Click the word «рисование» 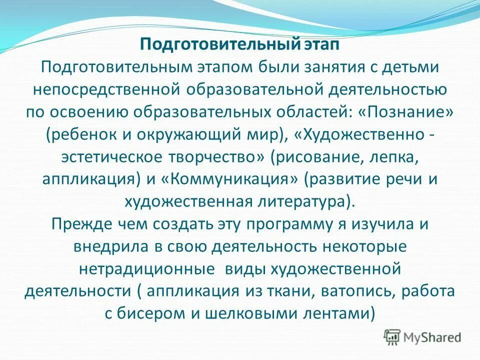tap(313, 157)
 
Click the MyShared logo tap(422, 336)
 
